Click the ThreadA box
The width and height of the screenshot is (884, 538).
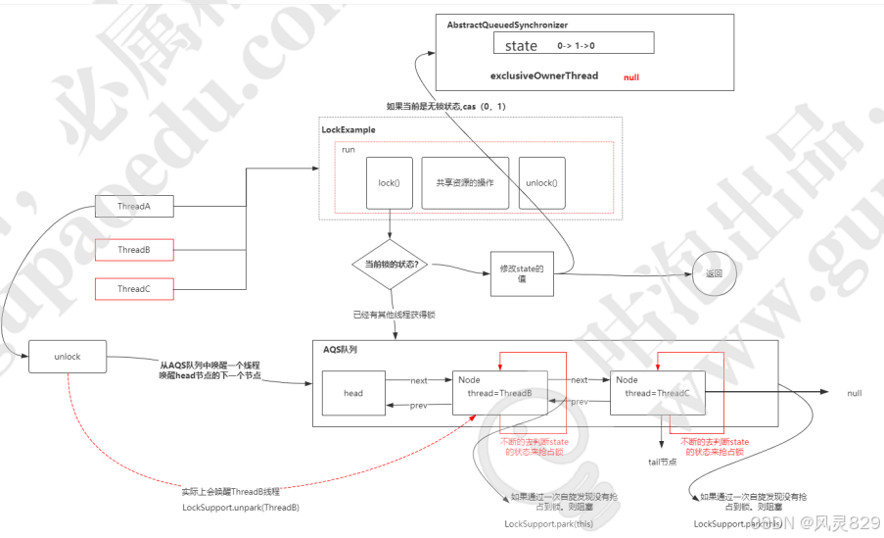(x=133, y=206)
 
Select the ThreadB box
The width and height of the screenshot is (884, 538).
(x=133, y=250)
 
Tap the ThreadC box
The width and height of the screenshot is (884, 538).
(x=133, y=289)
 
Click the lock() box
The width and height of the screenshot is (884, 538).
(x=390, y=182)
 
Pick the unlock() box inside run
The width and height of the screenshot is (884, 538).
(x=541, y=182)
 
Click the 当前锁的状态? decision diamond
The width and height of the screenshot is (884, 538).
(x=391, y=264)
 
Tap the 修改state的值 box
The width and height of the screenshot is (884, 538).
(x=521, y=273)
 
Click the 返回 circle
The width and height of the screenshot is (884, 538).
(x=713, y=273)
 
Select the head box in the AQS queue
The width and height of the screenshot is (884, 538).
(x=353, y=393)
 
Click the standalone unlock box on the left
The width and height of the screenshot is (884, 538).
(x=68, y=357)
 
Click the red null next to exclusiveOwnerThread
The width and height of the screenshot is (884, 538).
(x=631, y=76)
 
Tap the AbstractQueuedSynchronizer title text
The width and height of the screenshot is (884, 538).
(x=507, y=24)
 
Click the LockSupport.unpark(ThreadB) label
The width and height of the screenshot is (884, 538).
(x=240, y=508)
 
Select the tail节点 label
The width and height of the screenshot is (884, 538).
(x=663, y=461)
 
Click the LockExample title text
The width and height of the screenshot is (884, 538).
(x=349, y=129)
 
